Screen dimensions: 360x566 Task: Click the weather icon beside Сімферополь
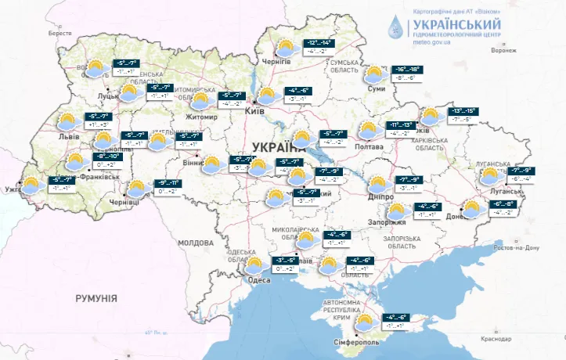363,322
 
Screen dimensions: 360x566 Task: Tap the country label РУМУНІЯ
96,299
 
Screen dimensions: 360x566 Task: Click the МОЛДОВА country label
194,243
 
